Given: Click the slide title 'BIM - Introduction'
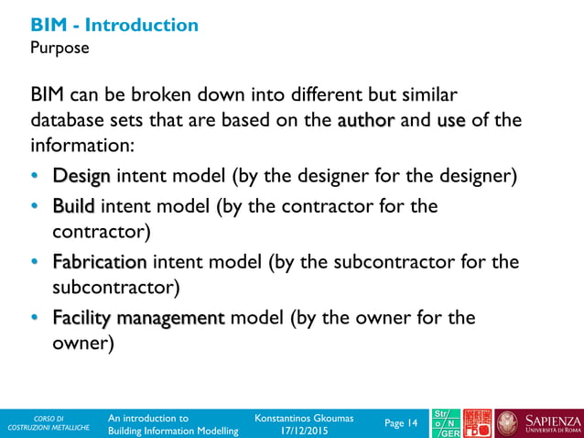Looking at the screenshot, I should coord(114,25).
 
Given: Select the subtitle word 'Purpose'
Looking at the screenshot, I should coord(60,48).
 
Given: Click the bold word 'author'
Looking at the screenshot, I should coord(366,120).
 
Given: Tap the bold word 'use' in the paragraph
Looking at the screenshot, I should coord(451,120).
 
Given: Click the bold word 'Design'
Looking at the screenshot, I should coord(81,175).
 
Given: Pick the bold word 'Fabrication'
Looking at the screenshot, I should coord(99,263).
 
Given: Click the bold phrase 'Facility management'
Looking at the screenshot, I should coord(138,318).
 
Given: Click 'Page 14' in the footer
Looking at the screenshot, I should coord(401,423).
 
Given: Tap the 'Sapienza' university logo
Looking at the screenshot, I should coord(541,423).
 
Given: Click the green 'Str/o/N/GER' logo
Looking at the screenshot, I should coord(446,423).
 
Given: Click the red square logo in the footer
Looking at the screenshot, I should coord(478,423).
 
